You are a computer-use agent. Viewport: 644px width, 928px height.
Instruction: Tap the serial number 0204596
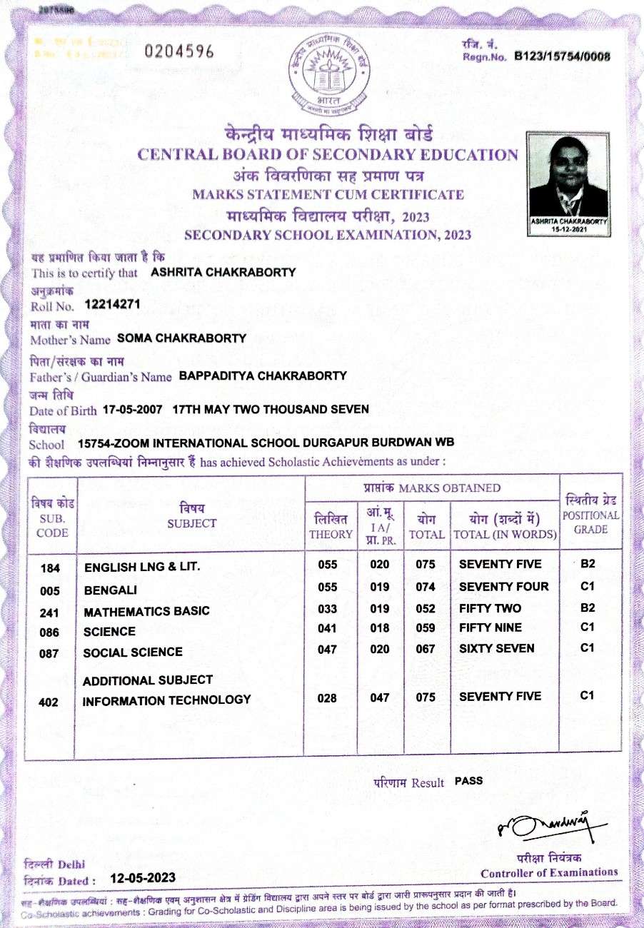tap(179, 52)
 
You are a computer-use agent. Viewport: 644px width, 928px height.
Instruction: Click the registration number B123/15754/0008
tap(563, 56)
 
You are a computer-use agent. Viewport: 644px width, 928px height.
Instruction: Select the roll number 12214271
tap(111, 305)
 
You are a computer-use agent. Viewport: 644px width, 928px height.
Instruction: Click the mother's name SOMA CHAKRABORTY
tap(181, 338)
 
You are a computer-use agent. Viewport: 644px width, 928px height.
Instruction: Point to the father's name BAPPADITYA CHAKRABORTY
tap(263, 375)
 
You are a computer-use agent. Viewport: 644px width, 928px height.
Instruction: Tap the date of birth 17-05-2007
tap(134, 409)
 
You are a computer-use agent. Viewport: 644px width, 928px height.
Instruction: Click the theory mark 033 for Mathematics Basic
tap(327, 609)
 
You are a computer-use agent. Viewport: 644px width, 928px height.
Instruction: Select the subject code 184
tap(51, 569)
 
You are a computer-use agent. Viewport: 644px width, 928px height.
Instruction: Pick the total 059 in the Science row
tap(426, 628)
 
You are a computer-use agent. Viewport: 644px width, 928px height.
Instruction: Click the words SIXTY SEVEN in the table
tap(497, 649)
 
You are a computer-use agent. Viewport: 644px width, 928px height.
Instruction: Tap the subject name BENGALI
tap(110, 591)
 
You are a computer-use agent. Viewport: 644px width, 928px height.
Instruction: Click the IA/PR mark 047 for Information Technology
tap(380, 698)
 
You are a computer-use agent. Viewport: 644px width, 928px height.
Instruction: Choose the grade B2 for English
tap(588, 564)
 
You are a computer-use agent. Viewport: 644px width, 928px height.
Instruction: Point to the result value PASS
tap(468, 781)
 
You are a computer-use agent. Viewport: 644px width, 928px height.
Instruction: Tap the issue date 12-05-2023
tap(143, 878)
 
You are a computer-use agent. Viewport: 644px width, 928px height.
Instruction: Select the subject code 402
tap(49, 702)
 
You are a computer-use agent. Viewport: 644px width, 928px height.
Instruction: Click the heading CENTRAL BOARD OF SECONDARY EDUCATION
tap(328, 155)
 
